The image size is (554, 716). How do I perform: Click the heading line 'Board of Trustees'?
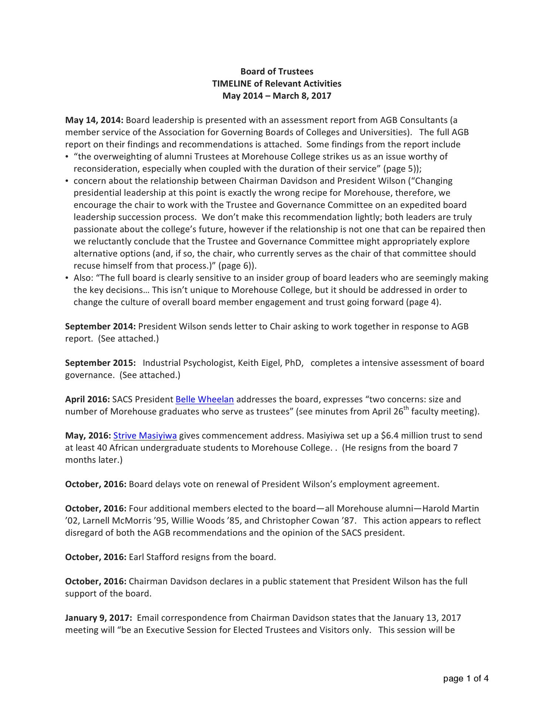[x=277, y=71]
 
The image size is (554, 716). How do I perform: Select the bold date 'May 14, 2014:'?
[x=94, y=120]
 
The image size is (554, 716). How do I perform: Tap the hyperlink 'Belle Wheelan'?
[x=205, y=399]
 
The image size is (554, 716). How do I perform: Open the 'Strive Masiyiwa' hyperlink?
[x=145, y=436]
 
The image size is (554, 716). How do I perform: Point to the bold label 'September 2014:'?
[x=100, y=326]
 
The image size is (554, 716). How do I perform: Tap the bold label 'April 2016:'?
[x=87, y=399]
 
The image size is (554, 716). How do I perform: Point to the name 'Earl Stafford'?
[x=153, y=557]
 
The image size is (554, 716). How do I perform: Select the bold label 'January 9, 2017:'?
[x=98, y=618]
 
